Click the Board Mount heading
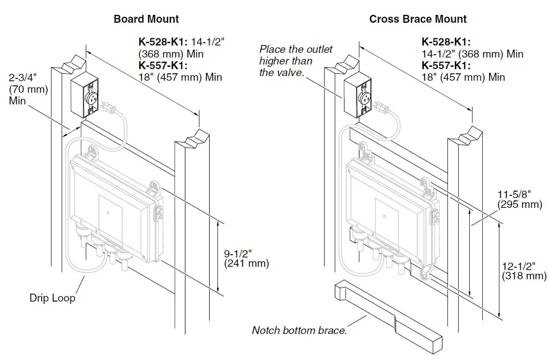146,19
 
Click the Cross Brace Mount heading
418,19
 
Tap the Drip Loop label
52,298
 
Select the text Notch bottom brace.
299,331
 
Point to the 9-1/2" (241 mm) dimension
246,259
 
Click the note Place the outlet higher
295,61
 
